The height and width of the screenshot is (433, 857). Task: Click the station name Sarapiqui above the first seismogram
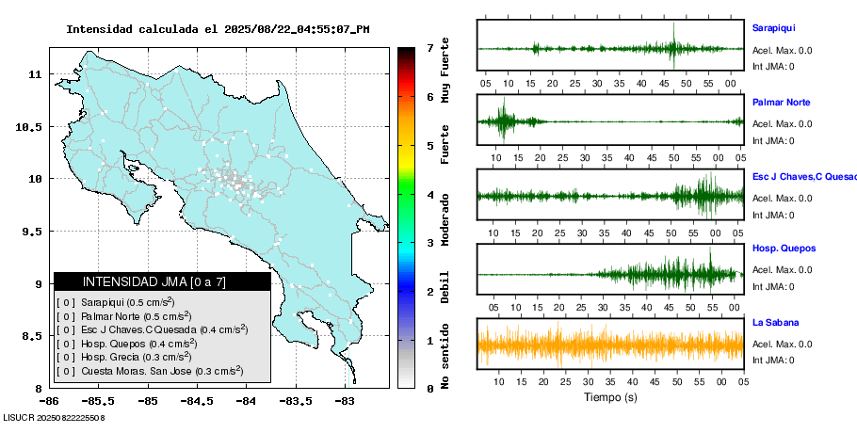point(774,28)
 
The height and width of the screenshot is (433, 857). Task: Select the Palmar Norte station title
point(781,103)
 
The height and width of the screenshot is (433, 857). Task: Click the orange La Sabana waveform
point(610,345)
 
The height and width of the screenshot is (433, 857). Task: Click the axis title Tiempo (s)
point(610,397)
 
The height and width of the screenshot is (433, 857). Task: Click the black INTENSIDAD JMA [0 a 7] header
point(162,281)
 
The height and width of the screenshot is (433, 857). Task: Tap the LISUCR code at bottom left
point(53,416)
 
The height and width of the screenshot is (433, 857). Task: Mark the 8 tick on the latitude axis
point(35,388)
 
